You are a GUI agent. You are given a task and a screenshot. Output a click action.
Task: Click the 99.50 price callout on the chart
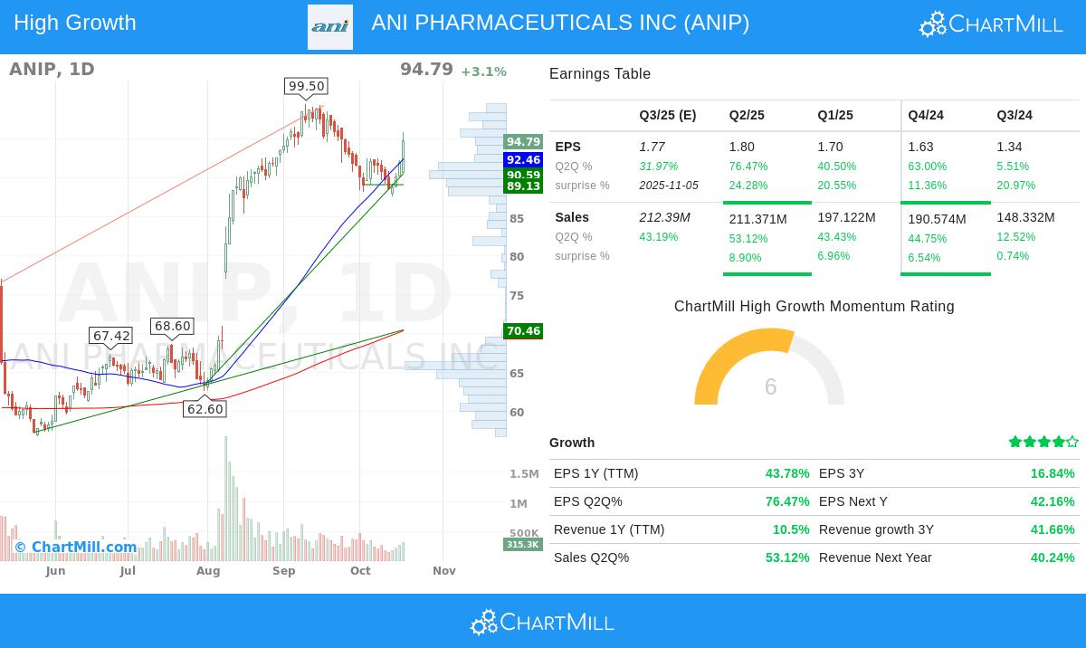point(306,86)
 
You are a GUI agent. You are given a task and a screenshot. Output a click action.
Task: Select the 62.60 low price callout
point(205,409)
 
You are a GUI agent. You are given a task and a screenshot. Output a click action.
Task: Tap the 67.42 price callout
point(111,336)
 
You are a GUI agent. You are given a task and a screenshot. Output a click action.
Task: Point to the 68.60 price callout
point(172,326)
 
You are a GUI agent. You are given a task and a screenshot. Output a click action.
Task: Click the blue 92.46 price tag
point(523,160)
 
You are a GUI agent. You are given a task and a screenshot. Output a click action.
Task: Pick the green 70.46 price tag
point(523,331)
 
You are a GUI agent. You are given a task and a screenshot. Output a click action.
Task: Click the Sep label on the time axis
point(284,571)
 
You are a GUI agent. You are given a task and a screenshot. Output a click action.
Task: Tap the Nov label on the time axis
point(443,571)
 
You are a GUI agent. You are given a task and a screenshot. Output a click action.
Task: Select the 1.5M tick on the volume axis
point(524,473)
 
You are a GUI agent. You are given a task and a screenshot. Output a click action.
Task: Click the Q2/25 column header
point(747,115)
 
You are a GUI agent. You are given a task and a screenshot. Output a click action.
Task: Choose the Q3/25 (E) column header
point(668,115)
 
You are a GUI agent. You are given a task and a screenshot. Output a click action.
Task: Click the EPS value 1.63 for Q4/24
point(920,147)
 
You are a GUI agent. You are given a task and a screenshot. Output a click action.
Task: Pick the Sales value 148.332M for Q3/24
point(1025,217)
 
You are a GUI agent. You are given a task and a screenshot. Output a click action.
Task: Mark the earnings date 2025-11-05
point(669,186)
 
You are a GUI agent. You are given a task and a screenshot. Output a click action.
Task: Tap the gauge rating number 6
point(770,387)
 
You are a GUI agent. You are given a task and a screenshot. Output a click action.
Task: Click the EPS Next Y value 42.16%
point(1053,501)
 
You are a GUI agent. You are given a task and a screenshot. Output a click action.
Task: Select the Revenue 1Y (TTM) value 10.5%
point(791,529)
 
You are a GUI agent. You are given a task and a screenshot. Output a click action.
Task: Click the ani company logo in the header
point(330,26)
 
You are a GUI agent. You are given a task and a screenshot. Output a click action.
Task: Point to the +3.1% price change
point(483,71)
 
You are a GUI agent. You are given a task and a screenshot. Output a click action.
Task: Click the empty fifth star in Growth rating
point(1072,442)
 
